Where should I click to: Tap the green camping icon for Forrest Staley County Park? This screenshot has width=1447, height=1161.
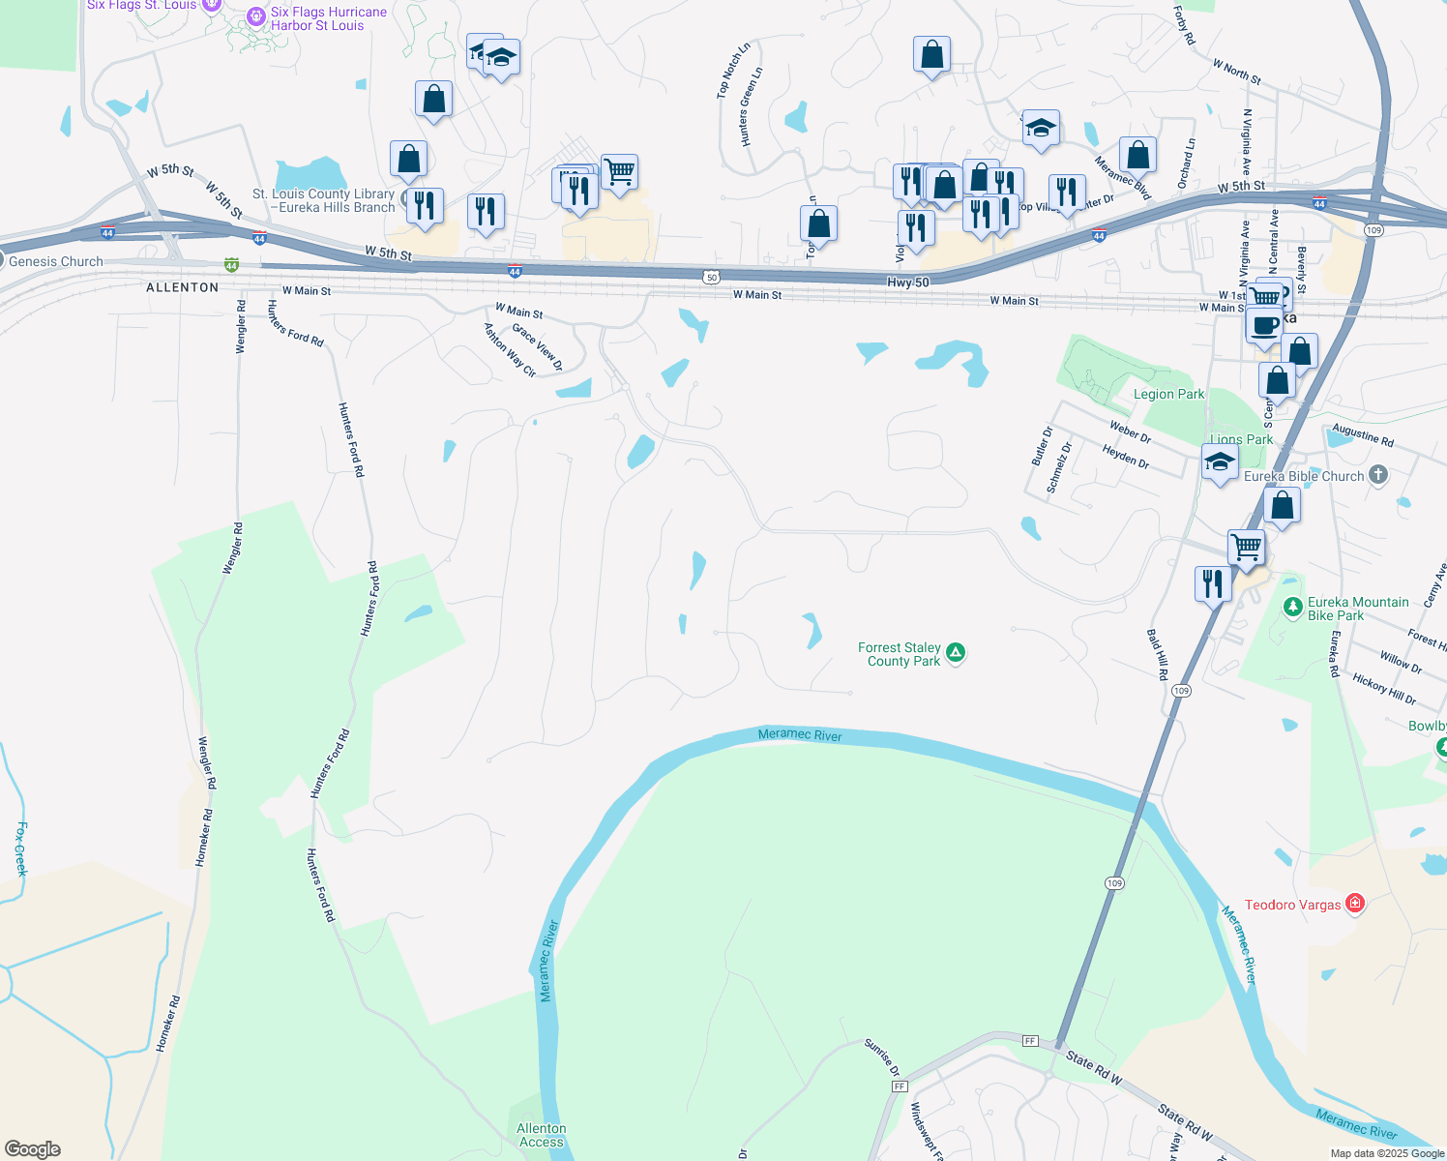(956, 653)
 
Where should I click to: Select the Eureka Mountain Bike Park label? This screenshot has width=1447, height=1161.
(1357, 609)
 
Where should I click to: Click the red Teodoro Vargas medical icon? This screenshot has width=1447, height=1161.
(1355, 904)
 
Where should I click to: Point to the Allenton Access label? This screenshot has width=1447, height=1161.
(541, 1135)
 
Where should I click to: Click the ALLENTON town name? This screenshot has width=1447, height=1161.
(182, 287)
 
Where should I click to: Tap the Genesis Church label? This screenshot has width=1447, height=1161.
(56, 261)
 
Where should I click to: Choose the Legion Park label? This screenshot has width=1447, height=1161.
(1168, 394)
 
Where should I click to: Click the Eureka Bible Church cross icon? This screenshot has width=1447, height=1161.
(1379, 475)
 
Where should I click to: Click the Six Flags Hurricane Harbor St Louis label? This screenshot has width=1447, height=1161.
(328, 18)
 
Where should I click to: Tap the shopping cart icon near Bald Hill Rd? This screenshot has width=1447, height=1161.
(1246, 547)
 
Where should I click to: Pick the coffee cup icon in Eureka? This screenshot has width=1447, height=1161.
(1263, 324)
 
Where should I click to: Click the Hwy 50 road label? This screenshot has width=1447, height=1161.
(907, 283)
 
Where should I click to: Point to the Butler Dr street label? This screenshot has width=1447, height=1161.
(1042, 446)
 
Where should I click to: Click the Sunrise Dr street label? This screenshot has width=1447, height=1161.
(882, 1057)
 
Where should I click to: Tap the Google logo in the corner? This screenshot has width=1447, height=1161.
(33, 1149)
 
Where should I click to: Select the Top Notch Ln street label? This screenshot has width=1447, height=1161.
(732, 71)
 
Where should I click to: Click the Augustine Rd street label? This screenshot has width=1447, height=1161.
(1363, 435)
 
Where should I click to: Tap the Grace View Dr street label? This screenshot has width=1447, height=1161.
(538, 346)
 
